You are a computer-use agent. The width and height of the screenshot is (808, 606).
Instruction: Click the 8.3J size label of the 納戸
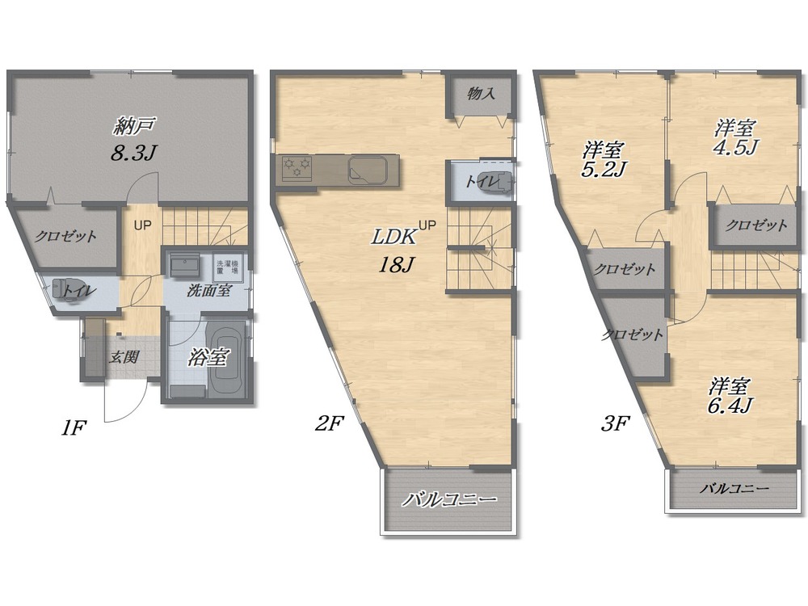[x=133, y=152]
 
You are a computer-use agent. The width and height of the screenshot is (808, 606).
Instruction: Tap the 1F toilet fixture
[x=66, y=290]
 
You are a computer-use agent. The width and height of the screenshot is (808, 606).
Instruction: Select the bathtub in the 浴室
[x=224, y=359]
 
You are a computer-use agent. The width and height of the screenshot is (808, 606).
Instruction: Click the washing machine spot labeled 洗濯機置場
[x=227, y=265]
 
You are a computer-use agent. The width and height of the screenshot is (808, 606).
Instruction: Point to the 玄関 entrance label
[x=124, y=357]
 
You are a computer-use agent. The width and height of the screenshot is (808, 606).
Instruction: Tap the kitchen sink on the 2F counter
[x=368, y=170]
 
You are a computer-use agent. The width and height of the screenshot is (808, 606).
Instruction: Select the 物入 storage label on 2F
[x=482, y=93]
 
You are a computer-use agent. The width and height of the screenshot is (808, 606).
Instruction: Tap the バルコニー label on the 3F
[x=734, y=488]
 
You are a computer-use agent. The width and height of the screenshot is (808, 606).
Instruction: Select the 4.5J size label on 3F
[x=734, y=147]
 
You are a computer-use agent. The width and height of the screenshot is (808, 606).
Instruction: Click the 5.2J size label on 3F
[x=603, y=170]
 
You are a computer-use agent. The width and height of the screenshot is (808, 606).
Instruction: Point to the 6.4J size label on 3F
[x=729, y=406]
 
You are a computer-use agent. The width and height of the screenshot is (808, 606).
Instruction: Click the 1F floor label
[x=73, y=427]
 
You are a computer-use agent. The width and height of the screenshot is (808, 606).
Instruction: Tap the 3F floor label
[x=615, y=423]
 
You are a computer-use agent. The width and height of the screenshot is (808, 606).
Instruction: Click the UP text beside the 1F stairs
[x=143, y=225]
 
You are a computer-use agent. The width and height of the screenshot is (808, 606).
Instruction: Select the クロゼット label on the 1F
[x=65, y=237]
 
